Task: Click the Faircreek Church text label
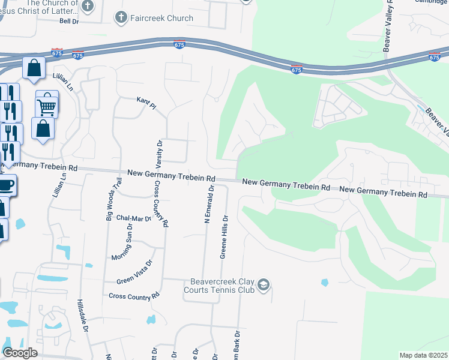pyautogui.click(x=162, y=18)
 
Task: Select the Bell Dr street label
pyautogui.click(x=69, y=21)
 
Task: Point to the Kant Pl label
pyautogui.click(x=146, y=103)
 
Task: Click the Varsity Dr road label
pyautogui.click(x=160, y=153)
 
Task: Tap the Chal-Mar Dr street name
pyautogui.click(x=134, y=218)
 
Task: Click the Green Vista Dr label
pyautogui.click(x=135, y=271)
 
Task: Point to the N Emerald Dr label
pyautogui.click(x=209, y=204)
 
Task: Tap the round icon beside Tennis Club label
pyautogui.click(x=264, y=285)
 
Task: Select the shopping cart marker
pyautogui.click(x=46, y=107)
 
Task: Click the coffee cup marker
pyautogui.click(x=6, y=185)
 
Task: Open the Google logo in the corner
pyautogui.click(x=20, y=353)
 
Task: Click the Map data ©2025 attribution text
pyautogui.click(x=423, y=355)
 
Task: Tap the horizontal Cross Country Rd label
pyautogui.click(x=134, y=296)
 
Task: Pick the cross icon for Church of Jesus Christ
pyautogui.click(x=88, y=6)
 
